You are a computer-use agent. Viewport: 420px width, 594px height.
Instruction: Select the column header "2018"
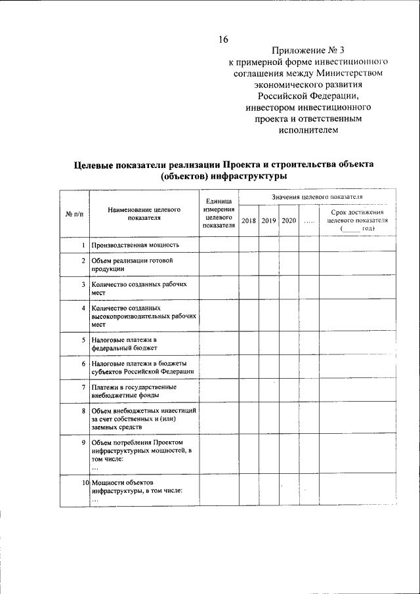click(248, 221)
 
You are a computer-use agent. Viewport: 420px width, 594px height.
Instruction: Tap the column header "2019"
click(268, 221)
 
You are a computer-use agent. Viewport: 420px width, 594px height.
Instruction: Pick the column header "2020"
click(289, 221)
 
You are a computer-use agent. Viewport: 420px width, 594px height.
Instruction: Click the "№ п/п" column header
click(73, 213)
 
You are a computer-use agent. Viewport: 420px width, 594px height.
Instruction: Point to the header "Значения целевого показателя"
click(316, 197)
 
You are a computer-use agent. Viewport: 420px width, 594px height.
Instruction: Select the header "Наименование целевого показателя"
click(144, 213)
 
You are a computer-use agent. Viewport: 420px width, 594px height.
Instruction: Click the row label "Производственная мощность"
click(135, 245)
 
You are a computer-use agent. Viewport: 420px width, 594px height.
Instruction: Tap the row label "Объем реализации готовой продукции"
click(131, 265)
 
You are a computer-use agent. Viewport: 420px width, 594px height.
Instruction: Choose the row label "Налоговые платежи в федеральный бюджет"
click(125, 344)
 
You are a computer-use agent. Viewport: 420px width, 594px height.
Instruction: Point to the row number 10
click(85, 483)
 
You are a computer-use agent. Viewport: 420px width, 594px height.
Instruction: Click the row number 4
click(83, 307)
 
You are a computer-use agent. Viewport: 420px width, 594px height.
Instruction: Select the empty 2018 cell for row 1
click(248, 245)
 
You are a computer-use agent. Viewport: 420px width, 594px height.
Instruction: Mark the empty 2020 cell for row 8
click(289, 419)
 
